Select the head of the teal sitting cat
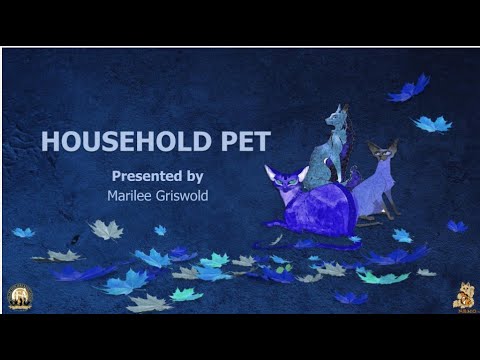[x=335, y=119]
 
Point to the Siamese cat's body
[x=377, y=190]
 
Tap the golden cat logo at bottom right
[x=463, y=296]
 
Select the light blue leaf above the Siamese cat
[x=433, y=124]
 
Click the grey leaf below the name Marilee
[x=106, y=230]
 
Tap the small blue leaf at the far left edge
[x=22, y=232]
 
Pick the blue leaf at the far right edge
[x=456, y=226]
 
